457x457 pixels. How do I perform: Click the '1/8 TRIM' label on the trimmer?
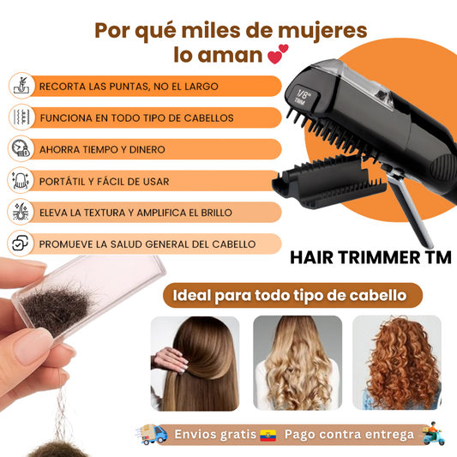[327, 94]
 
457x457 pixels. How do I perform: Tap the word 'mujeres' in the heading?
[319, 31]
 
